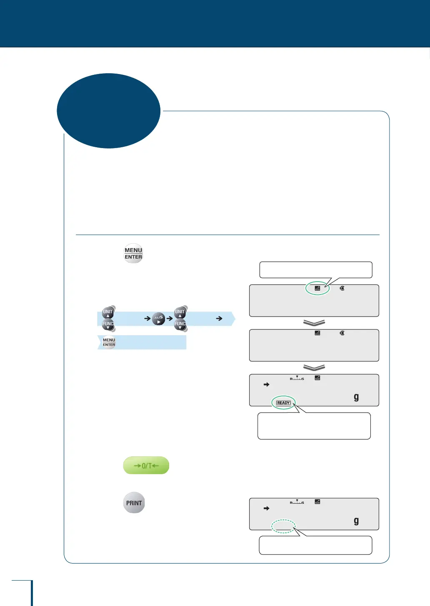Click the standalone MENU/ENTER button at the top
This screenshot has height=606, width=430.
tap(133, 253)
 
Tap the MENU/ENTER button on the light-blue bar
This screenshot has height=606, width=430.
tap(109, 342)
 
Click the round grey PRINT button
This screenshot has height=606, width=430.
tap(134, 503)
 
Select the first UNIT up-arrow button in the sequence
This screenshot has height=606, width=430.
tap(108, 312)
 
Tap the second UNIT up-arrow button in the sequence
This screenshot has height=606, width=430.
tap(180, 312)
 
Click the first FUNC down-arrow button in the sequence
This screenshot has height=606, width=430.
tap(108, 324)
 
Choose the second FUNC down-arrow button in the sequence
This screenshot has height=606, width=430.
tap(180, 324)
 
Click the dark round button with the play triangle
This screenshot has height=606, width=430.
tap(158, 319)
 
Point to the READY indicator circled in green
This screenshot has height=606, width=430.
tap(283, 403)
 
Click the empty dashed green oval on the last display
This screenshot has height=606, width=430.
tap(283, 526)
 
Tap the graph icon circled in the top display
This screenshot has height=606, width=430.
tap(317, 288)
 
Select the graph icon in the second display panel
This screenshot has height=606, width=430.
tap(317, 333)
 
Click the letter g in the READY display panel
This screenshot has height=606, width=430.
tap(356, 397)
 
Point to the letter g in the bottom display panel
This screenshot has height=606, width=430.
tap(356, 521)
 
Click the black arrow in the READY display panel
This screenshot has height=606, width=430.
tap(267, 385)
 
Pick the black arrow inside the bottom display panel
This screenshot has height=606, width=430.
tap(267, 508)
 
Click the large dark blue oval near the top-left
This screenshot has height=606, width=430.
tap(108, 111)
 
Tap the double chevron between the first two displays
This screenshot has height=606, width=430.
tap(314, 323)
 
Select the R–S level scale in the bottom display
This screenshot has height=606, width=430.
tap(297, 502)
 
